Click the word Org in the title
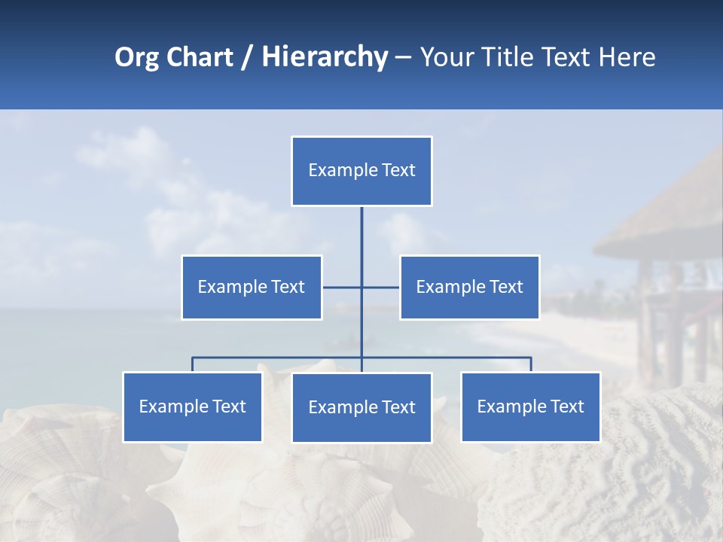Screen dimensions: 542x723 coord(136,57)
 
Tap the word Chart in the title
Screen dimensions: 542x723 coord(200,57)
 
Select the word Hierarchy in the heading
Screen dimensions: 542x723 coord(325,57)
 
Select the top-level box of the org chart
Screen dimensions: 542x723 coord(361,171)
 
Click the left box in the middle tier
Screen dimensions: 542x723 coord(252,287)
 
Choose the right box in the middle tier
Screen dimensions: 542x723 coord(469,287)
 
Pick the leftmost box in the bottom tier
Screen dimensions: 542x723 coord(192,406)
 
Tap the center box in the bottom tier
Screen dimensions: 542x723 coord(361,407)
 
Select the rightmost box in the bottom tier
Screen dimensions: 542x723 coord(530,406)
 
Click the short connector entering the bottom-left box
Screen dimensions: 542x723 coord(192,364)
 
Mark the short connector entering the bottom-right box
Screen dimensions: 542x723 coord(531,364)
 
